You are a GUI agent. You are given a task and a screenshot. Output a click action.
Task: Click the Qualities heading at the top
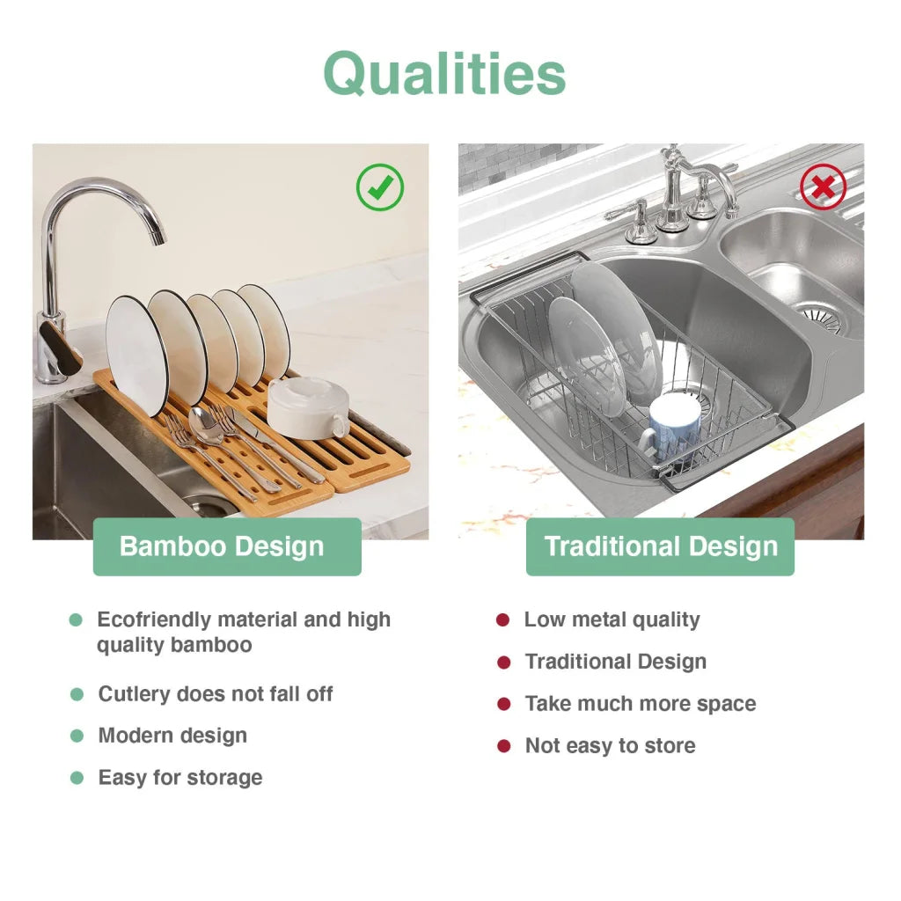click(444, 73)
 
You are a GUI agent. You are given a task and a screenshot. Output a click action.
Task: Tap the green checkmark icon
click(380, 187)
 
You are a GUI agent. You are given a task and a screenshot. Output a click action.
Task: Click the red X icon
click(823, 187)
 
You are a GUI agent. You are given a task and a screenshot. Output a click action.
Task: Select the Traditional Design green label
click(661, 546)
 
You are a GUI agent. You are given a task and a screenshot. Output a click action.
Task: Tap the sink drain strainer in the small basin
click(818, 317)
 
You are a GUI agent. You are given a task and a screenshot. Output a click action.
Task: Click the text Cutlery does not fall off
click(216, 694)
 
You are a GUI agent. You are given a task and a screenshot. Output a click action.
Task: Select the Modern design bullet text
click(172, 736)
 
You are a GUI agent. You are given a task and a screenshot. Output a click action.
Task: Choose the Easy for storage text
click(180, 778)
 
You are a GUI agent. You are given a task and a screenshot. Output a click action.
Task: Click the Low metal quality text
click(612, 619)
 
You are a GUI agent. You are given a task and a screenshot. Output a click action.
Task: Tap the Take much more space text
click(640, 704)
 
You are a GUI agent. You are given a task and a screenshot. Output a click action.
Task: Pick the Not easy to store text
click(610, 746)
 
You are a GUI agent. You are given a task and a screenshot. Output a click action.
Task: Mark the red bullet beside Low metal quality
click(502, 619)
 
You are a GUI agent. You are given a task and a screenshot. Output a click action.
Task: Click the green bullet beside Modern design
click(77, 736)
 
